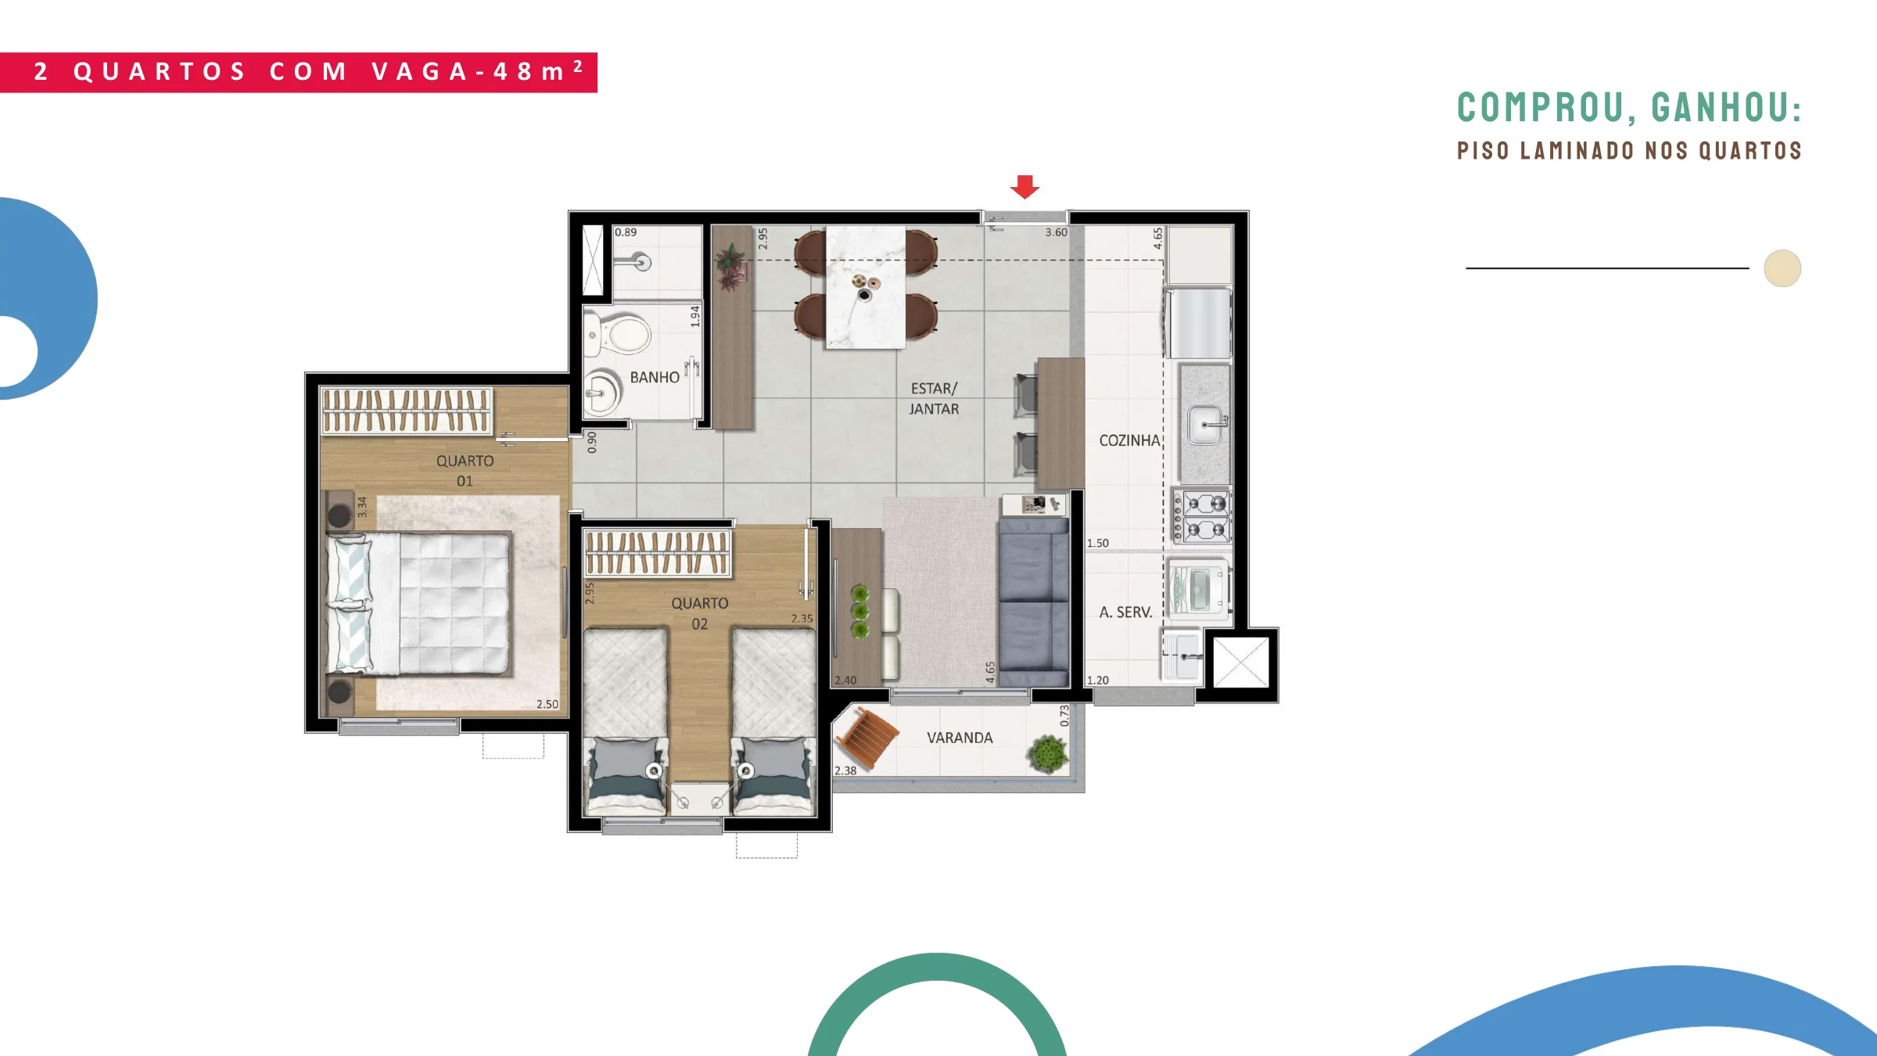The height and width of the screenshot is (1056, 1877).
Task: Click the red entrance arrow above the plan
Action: pos(1025,187)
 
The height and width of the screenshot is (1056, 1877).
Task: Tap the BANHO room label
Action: pos(655,378)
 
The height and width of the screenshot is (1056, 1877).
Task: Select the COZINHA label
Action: pos(1129,440)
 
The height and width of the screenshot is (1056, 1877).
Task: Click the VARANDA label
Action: pos(960,738)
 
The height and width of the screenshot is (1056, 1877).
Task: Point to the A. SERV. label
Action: pos(1125,612)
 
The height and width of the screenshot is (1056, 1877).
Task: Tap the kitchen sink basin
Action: pos(1205,425)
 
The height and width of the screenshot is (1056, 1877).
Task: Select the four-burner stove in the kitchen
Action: pos(1201,515)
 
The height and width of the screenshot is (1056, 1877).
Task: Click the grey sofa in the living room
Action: pos(1033,602)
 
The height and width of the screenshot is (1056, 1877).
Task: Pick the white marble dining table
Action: pos(866,287)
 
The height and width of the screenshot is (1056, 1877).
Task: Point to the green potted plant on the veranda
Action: pos(1047,753)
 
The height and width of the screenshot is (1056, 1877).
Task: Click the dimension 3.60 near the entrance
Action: pos(1056,232)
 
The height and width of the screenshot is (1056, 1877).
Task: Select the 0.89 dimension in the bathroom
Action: pos(626,232)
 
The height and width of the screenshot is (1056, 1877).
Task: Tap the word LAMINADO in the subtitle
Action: pos(1577,150)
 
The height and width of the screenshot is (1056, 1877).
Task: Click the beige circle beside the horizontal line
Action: pos(1782,268)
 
